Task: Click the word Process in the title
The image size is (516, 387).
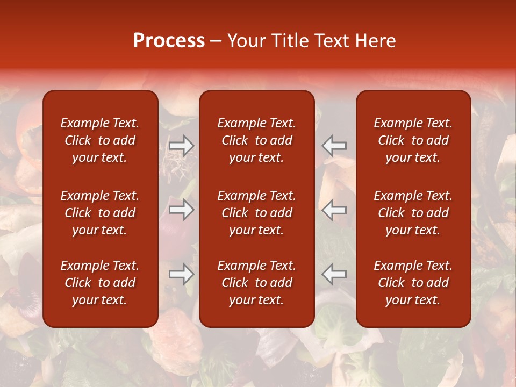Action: [169, 41]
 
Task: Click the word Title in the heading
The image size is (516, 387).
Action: [289, 41]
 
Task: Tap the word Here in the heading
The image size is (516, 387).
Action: [376, 41]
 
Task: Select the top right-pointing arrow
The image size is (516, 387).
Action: [181, 145]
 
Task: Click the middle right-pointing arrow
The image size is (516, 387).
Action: [181, 210]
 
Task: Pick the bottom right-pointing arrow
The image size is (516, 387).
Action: [181, 274]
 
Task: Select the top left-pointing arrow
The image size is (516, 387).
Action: [334, 145]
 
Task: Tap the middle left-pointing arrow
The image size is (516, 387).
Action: [334, 210]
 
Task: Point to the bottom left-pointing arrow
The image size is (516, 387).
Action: [334, 274]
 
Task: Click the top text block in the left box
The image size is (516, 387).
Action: [100, 140]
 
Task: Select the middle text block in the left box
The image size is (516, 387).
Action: [100, 213]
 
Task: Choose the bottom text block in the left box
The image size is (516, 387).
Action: [100, 283]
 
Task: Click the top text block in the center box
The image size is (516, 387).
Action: [256, 140]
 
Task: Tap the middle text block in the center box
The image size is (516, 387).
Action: [256, 213]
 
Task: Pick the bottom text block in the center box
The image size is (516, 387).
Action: [256, 283]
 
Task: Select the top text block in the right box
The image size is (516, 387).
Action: [413, 140]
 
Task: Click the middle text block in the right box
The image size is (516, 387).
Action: [413, 213]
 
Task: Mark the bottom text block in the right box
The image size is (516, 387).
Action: [413, 283]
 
